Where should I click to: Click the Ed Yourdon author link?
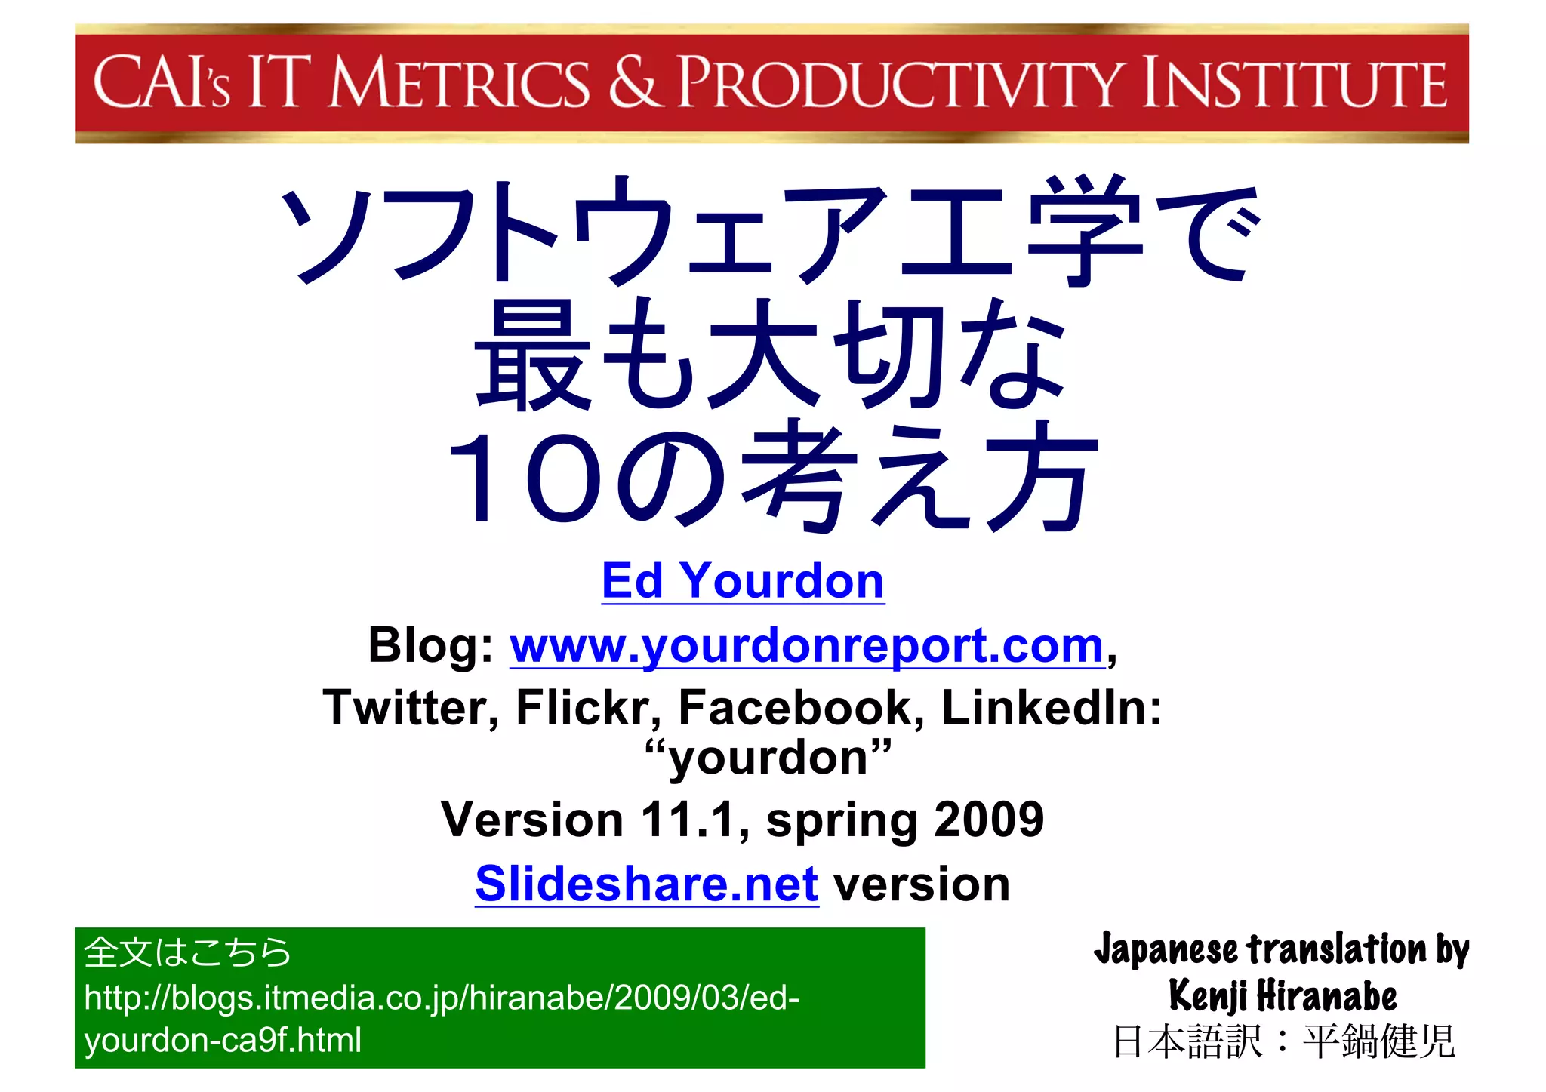tap(743, 581)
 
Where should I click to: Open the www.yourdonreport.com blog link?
tap(807, 646)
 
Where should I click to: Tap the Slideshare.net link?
tap(647, 884)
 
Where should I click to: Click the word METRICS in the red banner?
tap(459, 83)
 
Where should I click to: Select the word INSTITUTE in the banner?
tap(1293, 83)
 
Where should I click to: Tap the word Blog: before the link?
tap(431, 646)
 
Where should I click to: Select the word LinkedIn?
tap(1052, 708)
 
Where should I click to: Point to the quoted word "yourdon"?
tap(768, 757)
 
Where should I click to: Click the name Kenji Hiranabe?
tap(1283, 995)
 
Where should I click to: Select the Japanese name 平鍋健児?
tap(1378, 1042)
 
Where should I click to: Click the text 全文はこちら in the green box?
tap(187, 952)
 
